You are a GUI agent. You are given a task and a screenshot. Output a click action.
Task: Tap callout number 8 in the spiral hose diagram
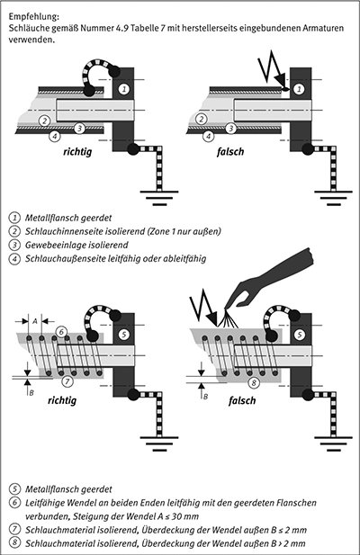click(254, 383)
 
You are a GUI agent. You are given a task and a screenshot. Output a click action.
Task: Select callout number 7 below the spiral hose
click(67, 380)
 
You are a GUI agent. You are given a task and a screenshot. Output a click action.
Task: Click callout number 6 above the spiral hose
click(61, 332)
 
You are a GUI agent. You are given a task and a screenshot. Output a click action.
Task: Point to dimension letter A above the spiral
click(35, 321)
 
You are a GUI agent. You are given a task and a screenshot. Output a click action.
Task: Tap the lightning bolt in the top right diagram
click(273, 71)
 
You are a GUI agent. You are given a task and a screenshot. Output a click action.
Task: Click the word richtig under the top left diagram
click(77, 152)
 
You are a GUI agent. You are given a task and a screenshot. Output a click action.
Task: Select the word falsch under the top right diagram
click(230, 152)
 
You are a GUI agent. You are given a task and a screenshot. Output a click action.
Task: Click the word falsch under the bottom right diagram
click(242, 400)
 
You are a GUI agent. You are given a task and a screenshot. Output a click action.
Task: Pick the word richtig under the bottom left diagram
click(62, 400)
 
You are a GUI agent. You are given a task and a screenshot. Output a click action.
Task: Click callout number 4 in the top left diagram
click(55, 136)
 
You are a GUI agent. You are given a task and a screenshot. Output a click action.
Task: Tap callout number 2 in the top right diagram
click(201, 119)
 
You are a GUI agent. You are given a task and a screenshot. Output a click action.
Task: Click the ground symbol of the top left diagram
click(159, 198)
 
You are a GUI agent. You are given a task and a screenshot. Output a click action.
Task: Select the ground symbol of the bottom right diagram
click(334, 443)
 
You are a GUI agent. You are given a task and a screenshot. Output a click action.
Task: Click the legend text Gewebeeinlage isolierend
click(76, 245)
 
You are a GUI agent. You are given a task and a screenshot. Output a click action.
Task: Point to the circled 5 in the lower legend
click(14, 489)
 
